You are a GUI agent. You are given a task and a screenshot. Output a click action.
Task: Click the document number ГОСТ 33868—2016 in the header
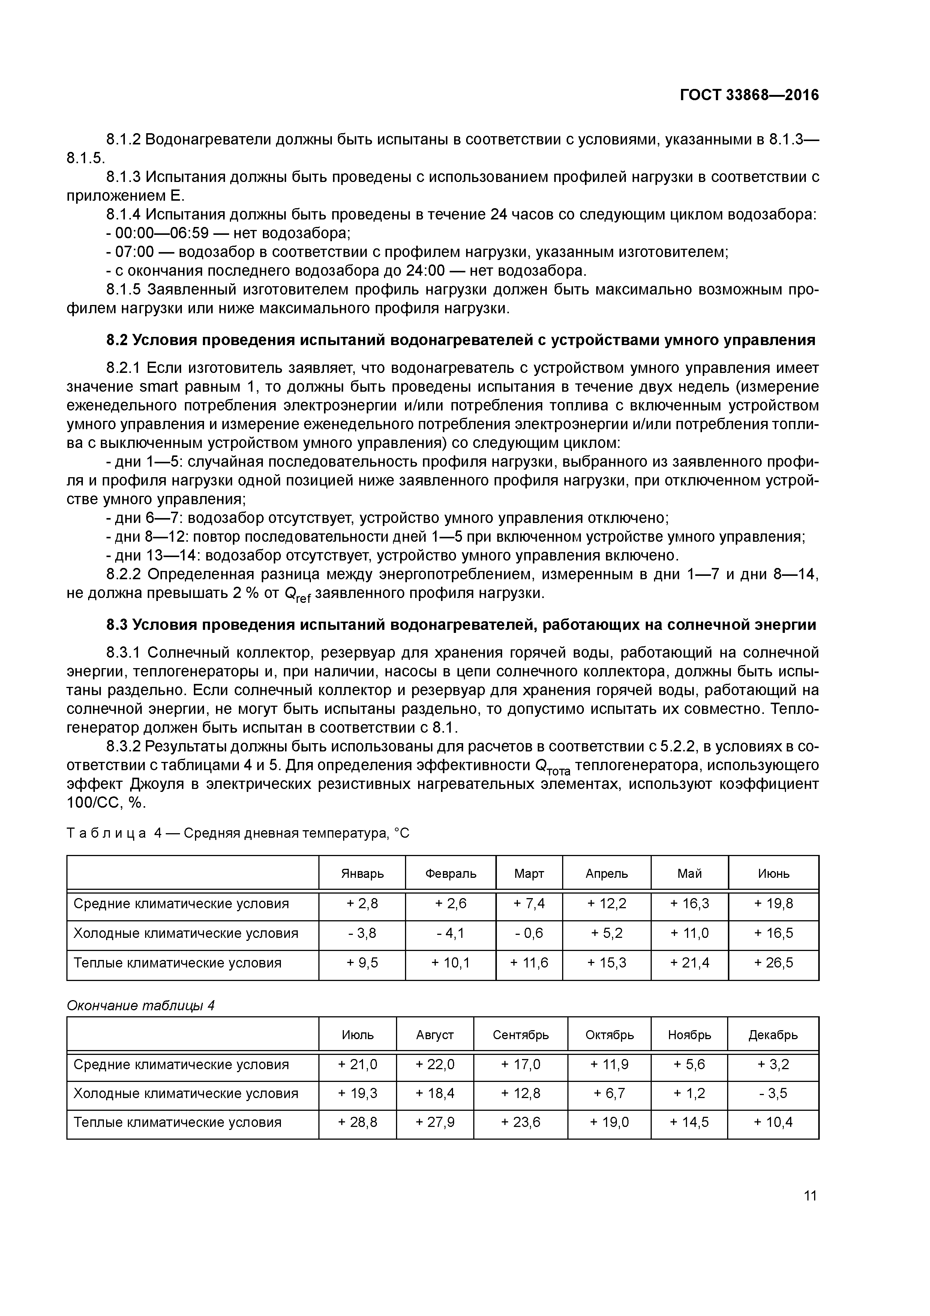tap(749, 95)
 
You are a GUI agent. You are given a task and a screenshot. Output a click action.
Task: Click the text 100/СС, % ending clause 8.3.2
tap(106, 803)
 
